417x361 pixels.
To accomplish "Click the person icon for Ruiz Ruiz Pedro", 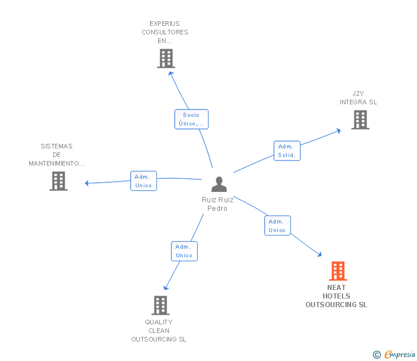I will [x=219, y=185].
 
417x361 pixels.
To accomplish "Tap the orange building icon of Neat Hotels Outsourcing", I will [x=338, y=271].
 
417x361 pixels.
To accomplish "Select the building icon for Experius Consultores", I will [x=166, y=58].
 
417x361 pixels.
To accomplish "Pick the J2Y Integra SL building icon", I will [x=360, y=120].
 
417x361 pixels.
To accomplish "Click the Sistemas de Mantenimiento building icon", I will [x=58, y=181].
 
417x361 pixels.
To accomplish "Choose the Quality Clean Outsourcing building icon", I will [x=160, y=305].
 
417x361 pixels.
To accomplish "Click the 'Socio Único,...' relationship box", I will [x=191, y=119].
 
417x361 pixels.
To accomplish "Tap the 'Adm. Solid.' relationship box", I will [x=286, y=151].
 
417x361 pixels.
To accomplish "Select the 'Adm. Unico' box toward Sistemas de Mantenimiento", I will [x=143, y=181].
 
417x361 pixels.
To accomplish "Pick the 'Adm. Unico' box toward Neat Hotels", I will [x=277, y=226].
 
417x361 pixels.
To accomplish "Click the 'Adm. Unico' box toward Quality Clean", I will [x=184, y=251].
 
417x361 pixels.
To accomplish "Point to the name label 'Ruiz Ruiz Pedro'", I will [x=218, y=204].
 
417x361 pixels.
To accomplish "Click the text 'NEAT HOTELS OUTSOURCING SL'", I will [x=336, y=296].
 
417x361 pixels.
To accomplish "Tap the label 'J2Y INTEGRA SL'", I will [x=358, y=98].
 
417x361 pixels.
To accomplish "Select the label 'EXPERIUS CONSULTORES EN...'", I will [x=165, y=32].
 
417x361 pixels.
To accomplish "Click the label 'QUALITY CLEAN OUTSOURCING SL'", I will [x=159, y=331].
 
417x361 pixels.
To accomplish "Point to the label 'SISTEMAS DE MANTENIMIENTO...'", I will [x=57, y=155].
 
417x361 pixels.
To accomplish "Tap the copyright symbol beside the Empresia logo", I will [x=377, y=355].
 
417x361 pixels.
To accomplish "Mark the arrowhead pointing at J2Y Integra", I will [x=339, y=131].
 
